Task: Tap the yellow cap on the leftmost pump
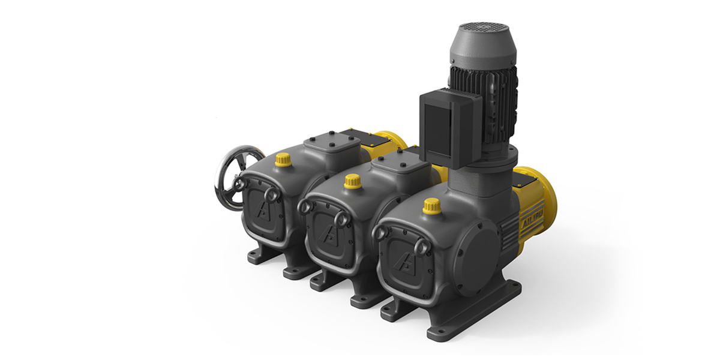tap(283, 160)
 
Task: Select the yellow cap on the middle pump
tap(353, 181)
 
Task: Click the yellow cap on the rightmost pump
tap(431, 206)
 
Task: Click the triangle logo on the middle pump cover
tap(328, 233)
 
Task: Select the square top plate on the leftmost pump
tap(327, 143)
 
